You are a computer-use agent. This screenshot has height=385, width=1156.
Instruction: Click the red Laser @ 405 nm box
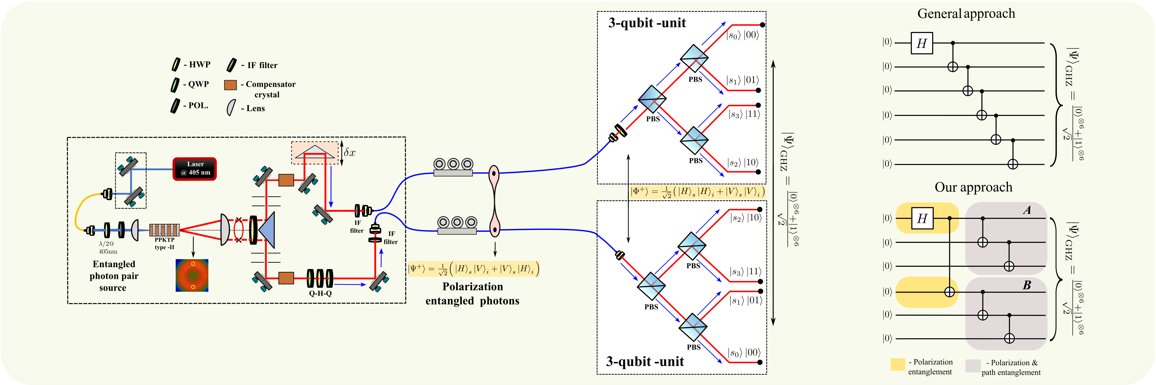pos(195,169)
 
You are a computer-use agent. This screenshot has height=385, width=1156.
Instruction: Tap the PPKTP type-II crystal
pos(164,230)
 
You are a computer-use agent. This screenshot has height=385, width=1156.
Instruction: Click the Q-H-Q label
pos(320,293)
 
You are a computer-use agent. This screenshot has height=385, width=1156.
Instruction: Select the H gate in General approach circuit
pos(921,44)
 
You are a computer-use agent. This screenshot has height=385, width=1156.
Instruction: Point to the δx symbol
pos(350,153)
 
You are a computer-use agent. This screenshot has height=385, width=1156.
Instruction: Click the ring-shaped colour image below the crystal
pos(192,275)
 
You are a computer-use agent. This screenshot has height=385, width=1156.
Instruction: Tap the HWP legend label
pos(199,65)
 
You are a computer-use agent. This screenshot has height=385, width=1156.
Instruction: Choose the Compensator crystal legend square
pos(230,85)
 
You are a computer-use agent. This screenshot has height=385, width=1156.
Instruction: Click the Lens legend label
pos(255,108)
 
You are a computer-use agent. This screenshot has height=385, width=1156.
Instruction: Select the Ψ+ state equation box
pos(473,269)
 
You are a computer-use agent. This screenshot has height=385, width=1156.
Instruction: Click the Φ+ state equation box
pos(697,192)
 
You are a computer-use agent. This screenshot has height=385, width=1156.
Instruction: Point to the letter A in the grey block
pos(1027,210)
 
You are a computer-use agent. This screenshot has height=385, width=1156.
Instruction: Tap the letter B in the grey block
pos(1027,285)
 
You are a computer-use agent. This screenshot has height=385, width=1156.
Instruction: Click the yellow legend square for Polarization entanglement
pos(898,364)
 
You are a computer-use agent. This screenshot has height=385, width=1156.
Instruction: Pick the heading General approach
pos(966,14)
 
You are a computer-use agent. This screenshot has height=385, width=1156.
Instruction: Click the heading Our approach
pos(973,187)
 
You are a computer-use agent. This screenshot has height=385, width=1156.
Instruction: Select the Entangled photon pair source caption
pos(114,276)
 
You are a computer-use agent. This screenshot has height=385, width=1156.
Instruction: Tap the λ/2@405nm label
pos(108,247)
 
